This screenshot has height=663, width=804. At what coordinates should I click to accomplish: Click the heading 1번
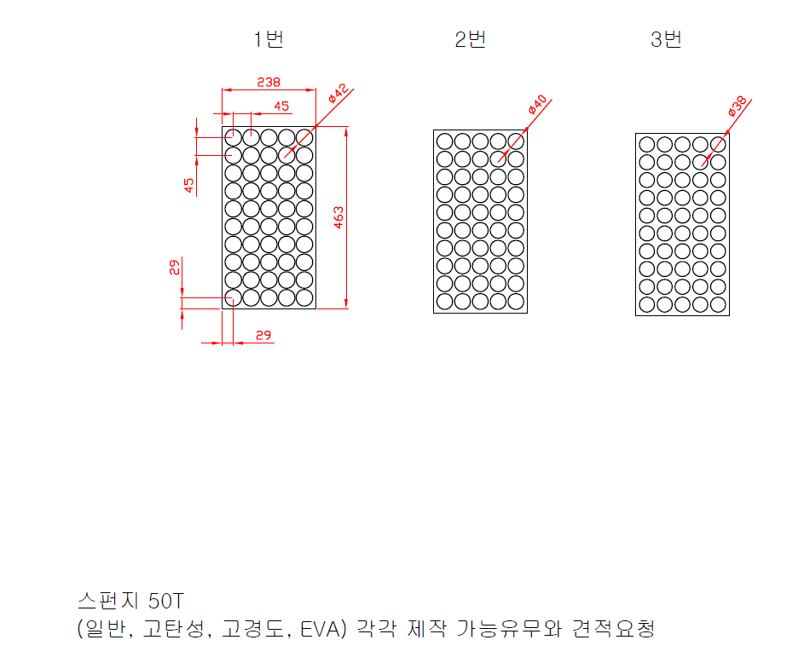click(269, 39)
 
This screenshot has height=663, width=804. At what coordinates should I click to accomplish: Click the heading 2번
click(470, 39)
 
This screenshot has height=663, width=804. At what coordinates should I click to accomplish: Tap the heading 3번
click(666, 39)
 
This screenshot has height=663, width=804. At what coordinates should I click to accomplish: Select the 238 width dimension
click(269, 82)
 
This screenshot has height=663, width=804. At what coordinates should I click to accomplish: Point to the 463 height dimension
click(338, 217)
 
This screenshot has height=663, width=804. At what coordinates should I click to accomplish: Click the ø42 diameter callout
click(339, 93)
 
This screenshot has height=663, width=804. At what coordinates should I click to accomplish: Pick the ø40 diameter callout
click(537, 105)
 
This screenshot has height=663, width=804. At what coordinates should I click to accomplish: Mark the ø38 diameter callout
click(737, 106)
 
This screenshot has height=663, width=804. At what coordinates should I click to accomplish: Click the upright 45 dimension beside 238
click(281, 106)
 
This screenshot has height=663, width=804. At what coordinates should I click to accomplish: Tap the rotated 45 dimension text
click(189, 185)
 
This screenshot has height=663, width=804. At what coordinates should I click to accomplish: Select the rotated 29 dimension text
click(175, 267)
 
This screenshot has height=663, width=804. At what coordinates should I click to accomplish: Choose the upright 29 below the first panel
click(263, 335)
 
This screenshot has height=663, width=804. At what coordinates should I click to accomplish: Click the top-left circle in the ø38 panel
click(646, 145)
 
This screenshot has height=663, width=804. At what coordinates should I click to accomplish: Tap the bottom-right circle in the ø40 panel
click(516, 302)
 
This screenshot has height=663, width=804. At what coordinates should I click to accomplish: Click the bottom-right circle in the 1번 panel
click(304, 297)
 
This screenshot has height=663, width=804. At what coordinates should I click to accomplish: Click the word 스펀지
click(108, 601)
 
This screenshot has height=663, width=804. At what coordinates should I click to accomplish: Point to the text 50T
click(165, 601)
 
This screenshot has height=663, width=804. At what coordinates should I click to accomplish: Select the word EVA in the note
click(320, 629)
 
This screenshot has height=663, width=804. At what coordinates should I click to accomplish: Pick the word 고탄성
click(173, 629)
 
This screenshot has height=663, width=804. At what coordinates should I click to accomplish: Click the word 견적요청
click(613, 629)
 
